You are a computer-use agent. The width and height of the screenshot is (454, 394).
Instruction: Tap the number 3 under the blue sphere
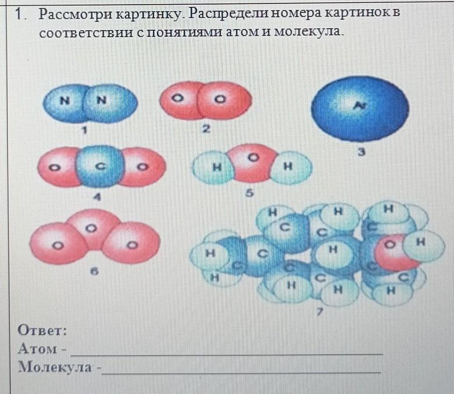tap(361, 152)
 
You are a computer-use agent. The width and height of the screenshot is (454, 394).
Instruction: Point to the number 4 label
tap(98, 197)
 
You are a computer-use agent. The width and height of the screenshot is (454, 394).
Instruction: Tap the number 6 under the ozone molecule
tap(94, 271)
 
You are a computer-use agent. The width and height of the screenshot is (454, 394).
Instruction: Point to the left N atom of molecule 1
tap(66, 101)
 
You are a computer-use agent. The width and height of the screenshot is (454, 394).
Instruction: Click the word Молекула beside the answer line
tap(55, 367)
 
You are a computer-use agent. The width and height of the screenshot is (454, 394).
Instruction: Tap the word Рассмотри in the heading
tap(81, 13)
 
